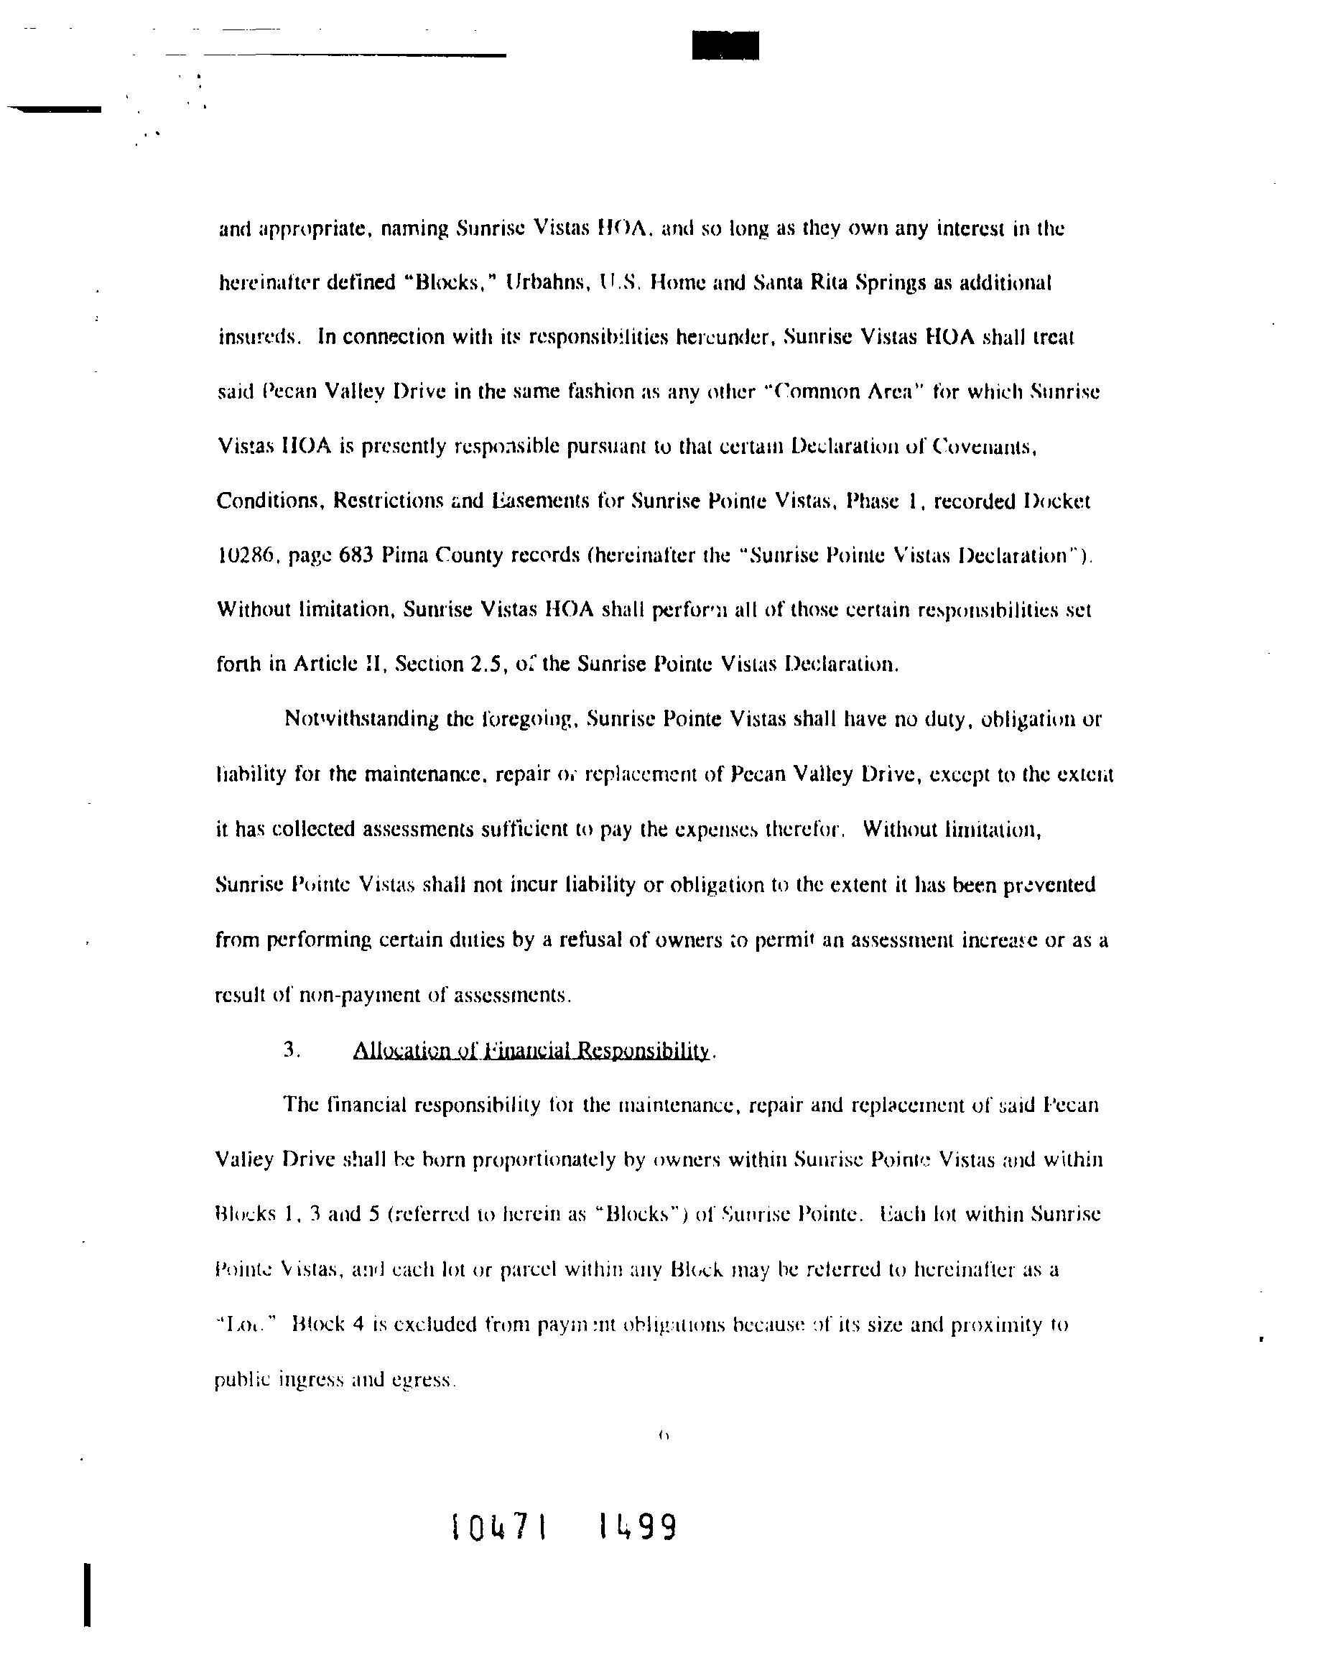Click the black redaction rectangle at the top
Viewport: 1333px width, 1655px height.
[x=725, y=45]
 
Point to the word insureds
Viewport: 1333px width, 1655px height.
[x=257, y=338]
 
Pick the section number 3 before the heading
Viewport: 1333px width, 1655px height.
[x=290, y=1050]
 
